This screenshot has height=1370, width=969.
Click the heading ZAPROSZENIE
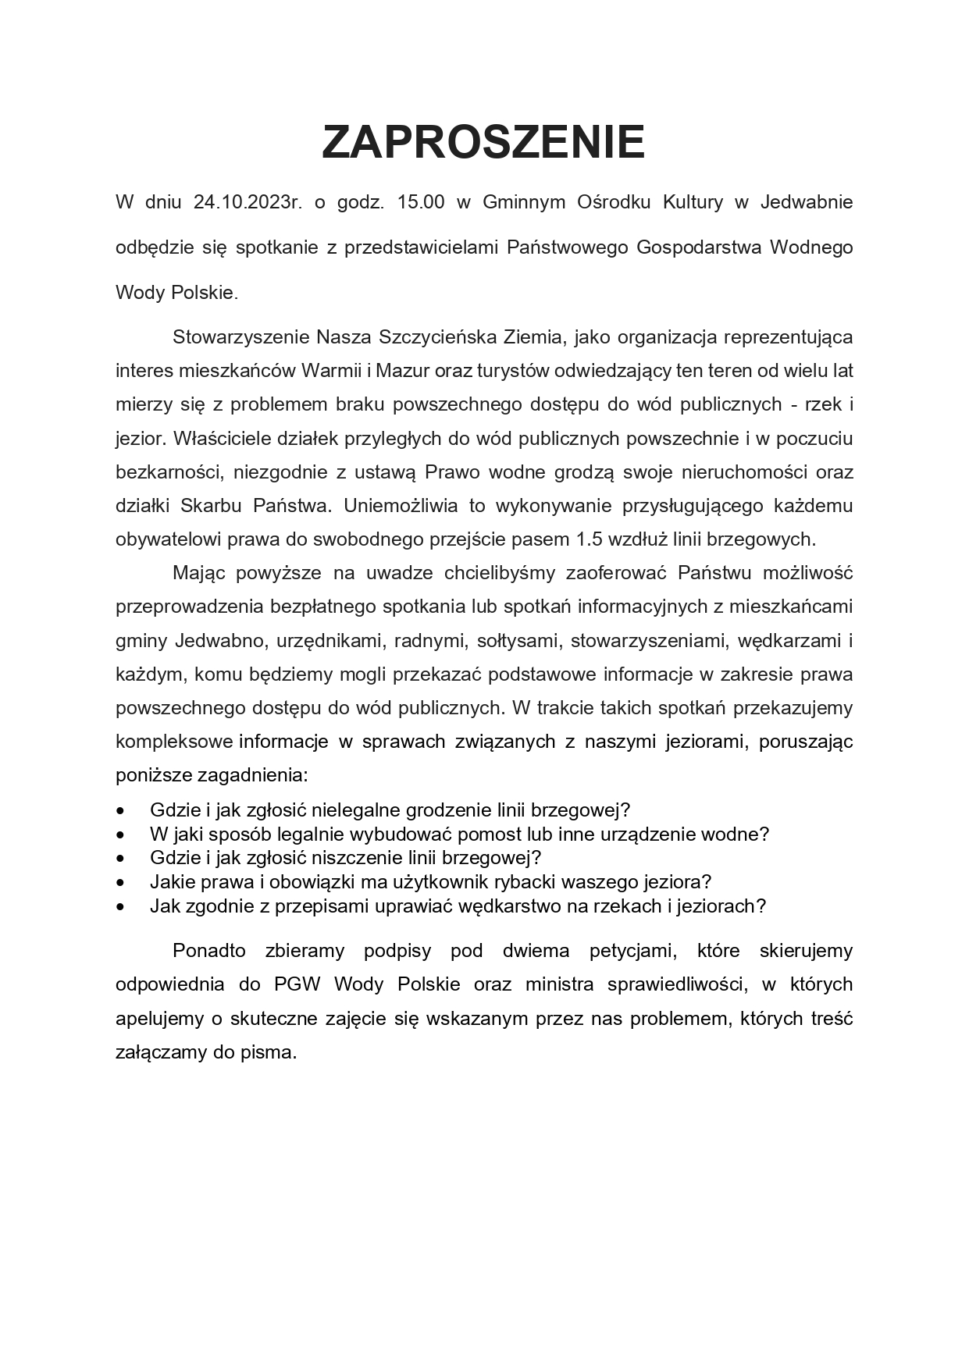point(483,142)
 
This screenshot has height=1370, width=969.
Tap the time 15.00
point(421,202)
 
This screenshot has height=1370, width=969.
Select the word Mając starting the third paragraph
point(198,573)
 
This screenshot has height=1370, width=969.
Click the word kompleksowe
point(173,742)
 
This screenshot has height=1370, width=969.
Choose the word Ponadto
point(208,951)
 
